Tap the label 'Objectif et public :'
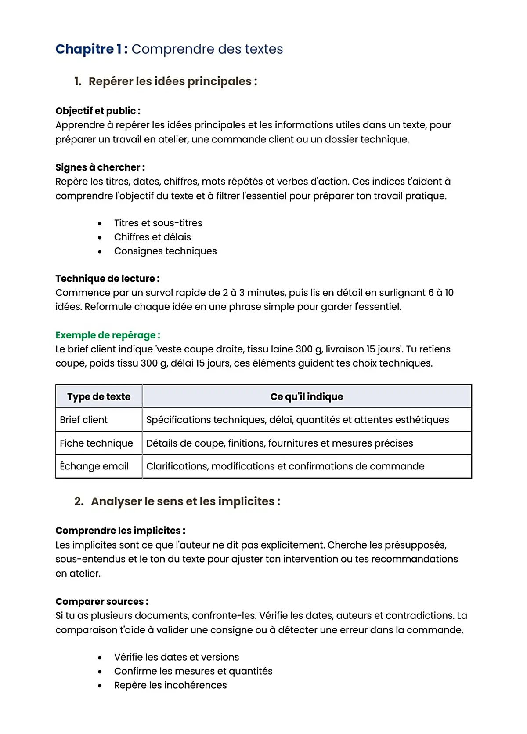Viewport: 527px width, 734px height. click(97, 111)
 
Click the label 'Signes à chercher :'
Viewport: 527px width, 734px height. click(100, 167)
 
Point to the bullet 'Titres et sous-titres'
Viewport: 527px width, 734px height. click(158, 223)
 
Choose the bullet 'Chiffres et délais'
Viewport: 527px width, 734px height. click(152, 237)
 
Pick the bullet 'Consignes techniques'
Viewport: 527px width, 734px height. click(165, 251)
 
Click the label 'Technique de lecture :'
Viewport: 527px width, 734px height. click(107, 279)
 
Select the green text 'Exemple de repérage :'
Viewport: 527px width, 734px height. click(108, 335)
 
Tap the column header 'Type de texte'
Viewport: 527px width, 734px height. click(99, 396)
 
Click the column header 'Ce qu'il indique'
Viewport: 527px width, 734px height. click(307, 396)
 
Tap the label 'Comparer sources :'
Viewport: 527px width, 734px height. click(102, 601)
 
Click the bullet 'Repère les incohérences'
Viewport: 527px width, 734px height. click(170, 685)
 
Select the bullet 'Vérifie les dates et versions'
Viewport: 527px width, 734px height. click(177, 657)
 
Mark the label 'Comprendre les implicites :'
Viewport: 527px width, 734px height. click(120, 531)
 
